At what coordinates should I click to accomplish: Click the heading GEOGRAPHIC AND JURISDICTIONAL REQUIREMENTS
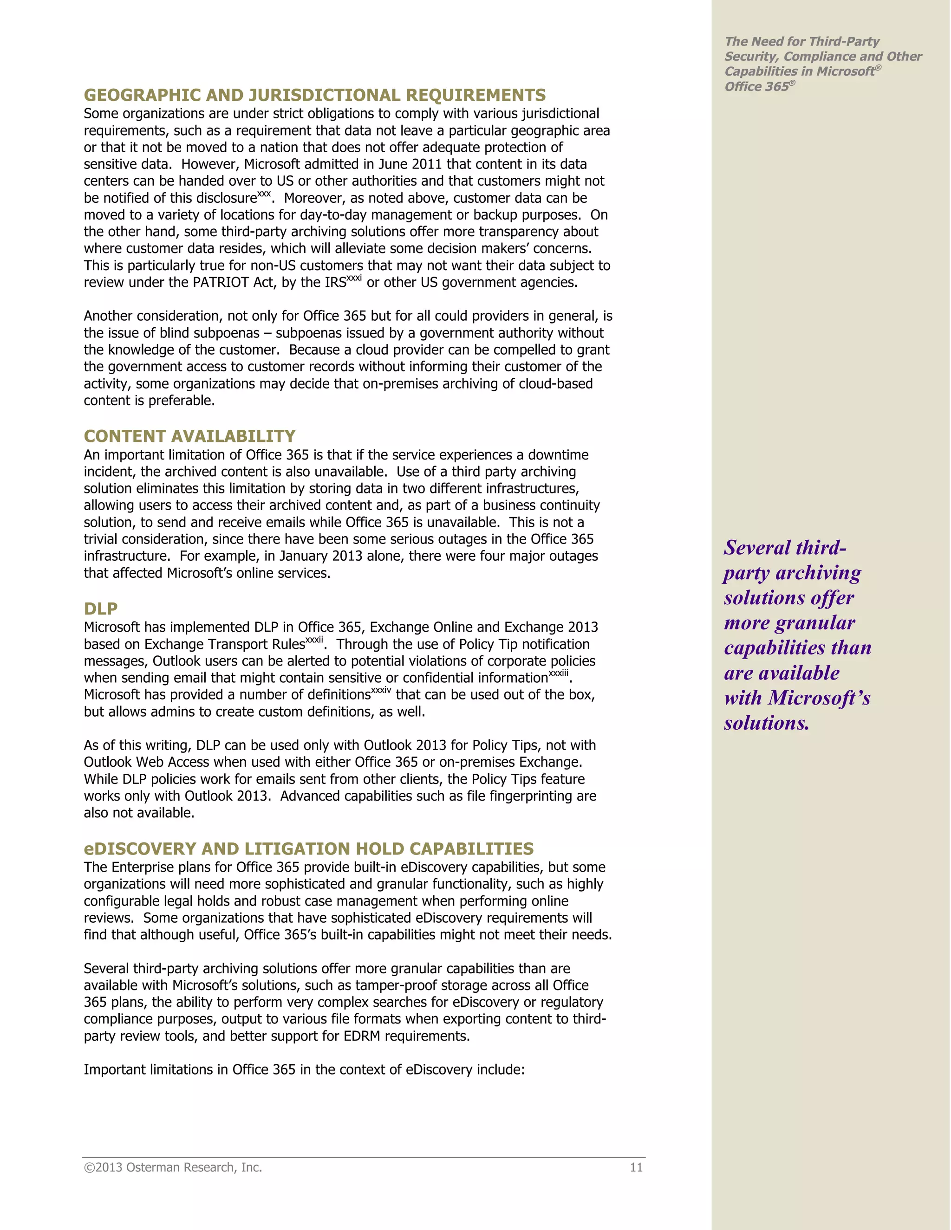coord(314,95)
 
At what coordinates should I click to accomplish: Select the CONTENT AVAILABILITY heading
coord(189,436)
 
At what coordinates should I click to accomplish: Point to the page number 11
coord(636,1167)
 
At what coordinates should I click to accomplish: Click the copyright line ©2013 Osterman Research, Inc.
coord(173,1167)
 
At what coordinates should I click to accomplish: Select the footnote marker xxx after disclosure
coord(264,194)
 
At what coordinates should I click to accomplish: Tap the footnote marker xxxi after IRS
coord(354,278)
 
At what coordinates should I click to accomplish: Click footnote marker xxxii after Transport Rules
coord(314,640)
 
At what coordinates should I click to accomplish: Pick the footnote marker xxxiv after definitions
coord(381,691)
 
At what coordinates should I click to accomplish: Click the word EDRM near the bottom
coord(362,1036)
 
